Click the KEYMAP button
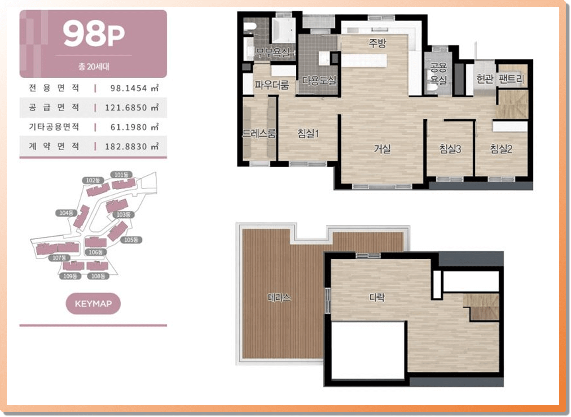[x=93, y=303]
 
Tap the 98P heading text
[x=94, y=34]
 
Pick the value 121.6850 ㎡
[x=132, y=107]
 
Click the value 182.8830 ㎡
[x=132, y=146]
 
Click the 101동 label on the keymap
[x=121, y=175]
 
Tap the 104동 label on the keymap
[x=66, y=213]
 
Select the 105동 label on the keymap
[x=131, y=240]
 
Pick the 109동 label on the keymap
[x=70, y=276]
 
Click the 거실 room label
[x=382, y=149]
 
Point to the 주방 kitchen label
[x=377, y=43]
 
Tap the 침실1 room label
[x=308, y=133]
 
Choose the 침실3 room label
[x=450, y=149]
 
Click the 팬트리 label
[x=511, y=79]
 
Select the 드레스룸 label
[x=259, y=133]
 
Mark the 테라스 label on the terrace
[x=279, y=297]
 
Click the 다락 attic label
[x=377, y=297]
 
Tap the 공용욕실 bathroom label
[x=438, y=73]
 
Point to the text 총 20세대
[x=94, y=66]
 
